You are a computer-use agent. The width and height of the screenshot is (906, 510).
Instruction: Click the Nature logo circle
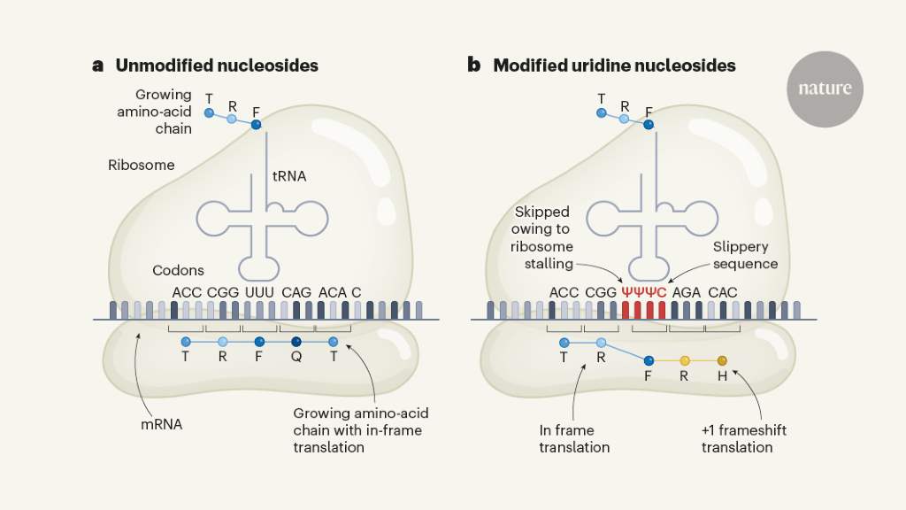tap(825, 89)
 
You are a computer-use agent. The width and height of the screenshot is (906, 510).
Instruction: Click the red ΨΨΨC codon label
tap(644, 292)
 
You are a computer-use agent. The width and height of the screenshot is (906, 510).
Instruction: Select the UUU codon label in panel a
tap(258, 292)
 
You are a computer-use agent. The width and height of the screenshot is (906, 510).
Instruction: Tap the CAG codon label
tap(296, 292)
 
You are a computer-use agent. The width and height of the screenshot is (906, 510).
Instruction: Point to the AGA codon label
tap(687, 292)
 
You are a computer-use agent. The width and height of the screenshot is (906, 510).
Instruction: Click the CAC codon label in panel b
tap(723, 292)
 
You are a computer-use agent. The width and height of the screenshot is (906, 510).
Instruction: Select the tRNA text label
tap(288, 176)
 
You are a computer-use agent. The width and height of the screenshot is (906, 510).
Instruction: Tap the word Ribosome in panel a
tap(142, 165)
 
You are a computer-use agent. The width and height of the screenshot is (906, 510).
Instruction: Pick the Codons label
tap(178, 270)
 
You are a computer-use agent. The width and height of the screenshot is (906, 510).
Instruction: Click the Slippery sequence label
tap(745, 255)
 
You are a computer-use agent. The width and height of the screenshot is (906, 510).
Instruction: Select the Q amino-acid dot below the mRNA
tap(296, 342)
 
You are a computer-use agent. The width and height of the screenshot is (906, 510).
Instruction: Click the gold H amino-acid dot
tap(722, 360)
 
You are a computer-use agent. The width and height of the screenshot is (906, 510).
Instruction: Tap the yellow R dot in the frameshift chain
tap(685, 360)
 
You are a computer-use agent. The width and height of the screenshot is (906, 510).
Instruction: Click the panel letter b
tap(474, 65)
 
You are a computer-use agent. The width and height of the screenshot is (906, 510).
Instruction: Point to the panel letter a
tap(97, 66)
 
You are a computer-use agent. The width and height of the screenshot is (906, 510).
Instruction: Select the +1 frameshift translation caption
tap(743, 438)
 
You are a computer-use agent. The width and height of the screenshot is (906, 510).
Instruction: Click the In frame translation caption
tap(574, 438)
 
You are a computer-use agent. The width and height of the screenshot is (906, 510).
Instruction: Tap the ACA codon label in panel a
tap(333, 292)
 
